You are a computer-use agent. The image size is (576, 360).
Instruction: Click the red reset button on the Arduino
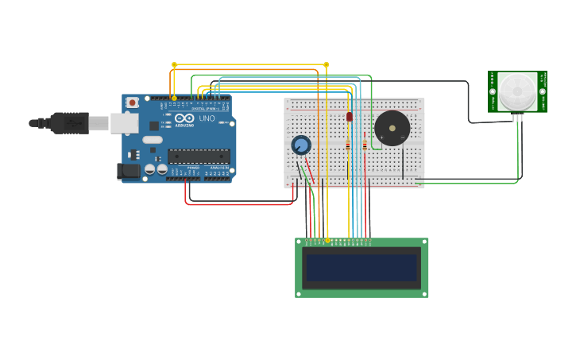click(132, 103)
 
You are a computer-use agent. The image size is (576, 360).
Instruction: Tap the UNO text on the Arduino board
click(207, 118)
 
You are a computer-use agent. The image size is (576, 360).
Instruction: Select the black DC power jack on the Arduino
click(127, 171)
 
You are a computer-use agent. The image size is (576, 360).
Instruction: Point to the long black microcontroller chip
click(198, 156)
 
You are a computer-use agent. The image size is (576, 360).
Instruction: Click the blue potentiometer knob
click(301, 145)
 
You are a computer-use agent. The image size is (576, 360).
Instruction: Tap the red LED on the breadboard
click(349, 117)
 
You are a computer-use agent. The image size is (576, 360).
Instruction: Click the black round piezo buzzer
click(392, 127)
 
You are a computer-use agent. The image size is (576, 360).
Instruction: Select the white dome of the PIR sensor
click(517, 91)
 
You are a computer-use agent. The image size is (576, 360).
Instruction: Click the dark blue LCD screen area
click(361, 268)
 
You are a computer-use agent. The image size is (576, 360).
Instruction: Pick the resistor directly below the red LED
click(348, 145)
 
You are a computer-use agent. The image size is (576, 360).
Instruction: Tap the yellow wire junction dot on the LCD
click(327, 240)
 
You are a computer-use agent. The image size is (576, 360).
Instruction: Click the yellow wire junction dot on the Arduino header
click(174, 99)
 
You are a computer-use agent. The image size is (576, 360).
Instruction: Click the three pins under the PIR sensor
click(518, 117)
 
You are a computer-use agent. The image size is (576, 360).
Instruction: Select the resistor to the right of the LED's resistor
click(365, 145)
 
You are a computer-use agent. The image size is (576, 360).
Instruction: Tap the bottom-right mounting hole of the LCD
click(424, 293)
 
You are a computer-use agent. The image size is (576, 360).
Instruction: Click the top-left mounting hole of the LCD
click(300, 242)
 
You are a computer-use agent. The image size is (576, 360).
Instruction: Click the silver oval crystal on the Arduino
click(153, 140)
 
